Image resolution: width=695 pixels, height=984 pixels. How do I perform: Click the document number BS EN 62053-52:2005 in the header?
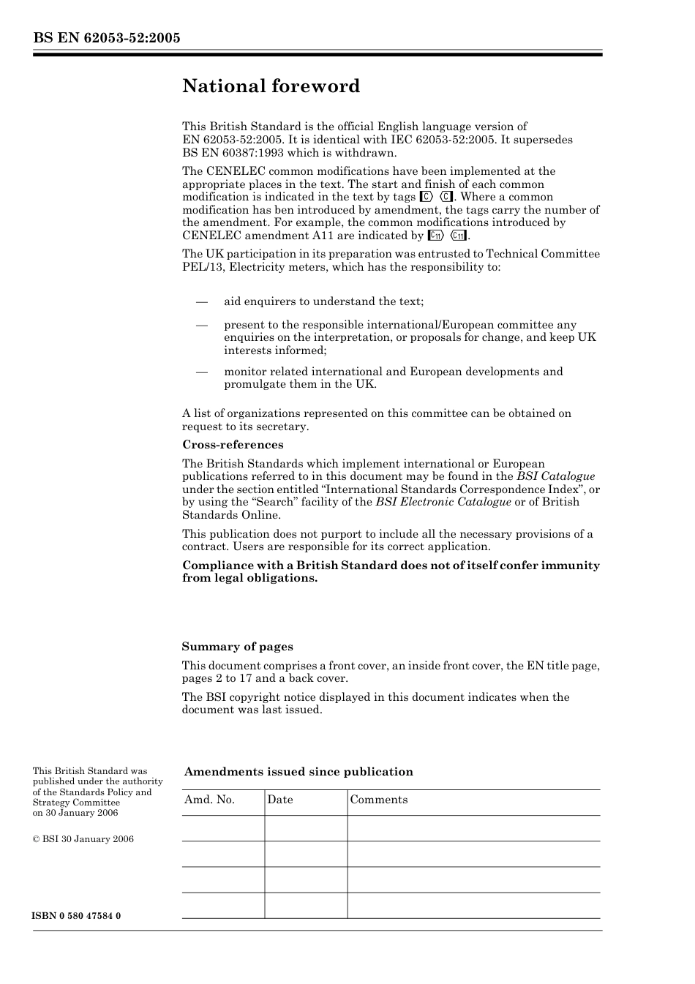[x=106, y=38]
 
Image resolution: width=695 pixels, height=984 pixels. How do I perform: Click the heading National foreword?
[x=271, y=86]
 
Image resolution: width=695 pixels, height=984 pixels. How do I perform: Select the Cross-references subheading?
[x=233, y=445]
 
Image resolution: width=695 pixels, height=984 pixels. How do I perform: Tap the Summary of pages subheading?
[x=237, y=647]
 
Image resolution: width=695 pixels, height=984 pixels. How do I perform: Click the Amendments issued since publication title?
[x=298, y=772]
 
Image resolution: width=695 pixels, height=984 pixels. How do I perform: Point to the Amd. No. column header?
[x=209, y=800]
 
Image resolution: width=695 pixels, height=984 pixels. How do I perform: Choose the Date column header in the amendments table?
[x=280, y=800]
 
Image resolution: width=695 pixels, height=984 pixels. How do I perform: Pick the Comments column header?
[x=378, y=800]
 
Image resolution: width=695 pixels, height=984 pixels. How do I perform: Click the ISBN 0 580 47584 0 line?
[x=77, y=916]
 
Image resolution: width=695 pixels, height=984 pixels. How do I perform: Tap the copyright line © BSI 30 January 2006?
[x=83, y=839]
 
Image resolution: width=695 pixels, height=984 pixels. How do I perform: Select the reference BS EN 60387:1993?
[x=235, y=153]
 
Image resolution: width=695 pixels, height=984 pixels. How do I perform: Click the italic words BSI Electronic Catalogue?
[x=443, y=502]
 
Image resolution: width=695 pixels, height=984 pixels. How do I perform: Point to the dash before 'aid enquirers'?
[x=202, y=301]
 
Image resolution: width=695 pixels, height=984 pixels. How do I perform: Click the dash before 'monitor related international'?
[x=202, y=372]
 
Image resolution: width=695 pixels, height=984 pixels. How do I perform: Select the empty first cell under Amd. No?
[x=222, y=828]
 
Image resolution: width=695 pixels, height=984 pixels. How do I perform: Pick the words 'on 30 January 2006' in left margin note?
[x=75, y=813]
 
